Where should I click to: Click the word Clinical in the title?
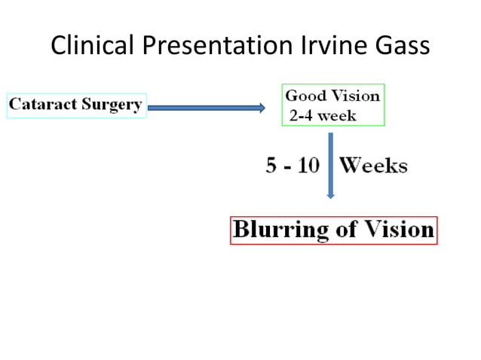(85, 46)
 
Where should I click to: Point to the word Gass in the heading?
(397, 46)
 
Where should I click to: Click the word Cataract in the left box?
(41, 105)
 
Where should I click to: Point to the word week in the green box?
(336, 116)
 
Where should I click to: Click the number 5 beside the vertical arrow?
(271, 166)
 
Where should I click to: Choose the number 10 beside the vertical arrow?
(308, 166)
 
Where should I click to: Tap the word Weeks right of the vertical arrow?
(373, 166)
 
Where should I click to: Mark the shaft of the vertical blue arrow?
(330, 162)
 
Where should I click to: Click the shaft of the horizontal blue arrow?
(204, 108)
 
